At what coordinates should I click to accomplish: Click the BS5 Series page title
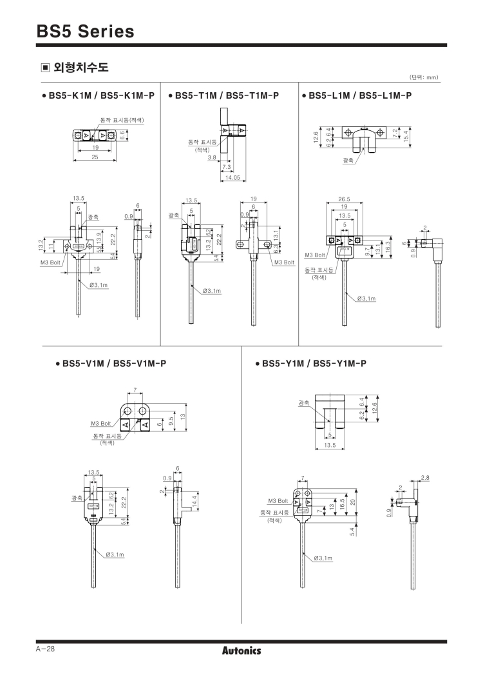click(x=86, y=32)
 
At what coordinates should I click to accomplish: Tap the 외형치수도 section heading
click(x=75, y=67)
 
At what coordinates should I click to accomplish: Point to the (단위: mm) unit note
click(x=423, y=78)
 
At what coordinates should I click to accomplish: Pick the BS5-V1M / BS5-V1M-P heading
click(x=110, y=363)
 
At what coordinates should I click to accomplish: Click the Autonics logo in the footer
click(x=241, y=651)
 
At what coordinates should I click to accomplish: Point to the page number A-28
click(x=46, y=649)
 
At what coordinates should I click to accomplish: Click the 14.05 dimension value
click(x=231, y=177)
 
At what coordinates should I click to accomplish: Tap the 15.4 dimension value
click(x=405, y=137)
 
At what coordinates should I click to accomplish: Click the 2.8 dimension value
click(x=424, y=477)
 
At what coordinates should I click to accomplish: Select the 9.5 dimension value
click(x=171, y=420)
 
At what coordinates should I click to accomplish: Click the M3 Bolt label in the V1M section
click(x=101, y=424)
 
